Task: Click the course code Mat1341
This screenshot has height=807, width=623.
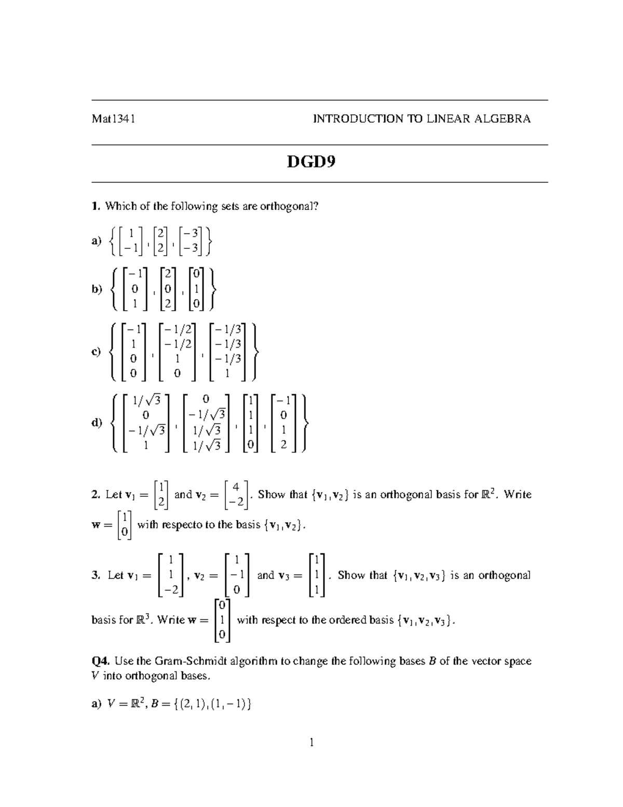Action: pos(113,119)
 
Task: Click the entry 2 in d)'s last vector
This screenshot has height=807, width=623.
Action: pos(283,445)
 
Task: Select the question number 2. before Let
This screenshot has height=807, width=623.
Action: pos(96,495)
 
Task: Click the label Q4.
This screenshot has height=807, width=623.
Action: pos(101,662)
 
